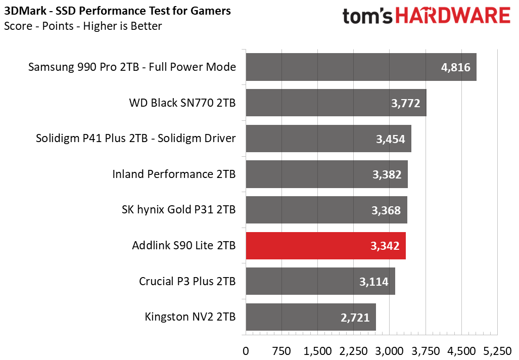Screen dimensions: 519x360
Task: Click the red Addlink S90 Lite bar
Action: coord(325,246)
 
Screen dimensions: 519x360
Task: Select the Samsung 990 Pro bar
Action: coord(361,67)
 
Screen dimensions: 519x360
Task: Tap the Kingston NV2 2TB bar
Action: coord(311,317)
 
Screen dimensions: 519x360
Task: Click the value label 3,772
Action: coord(405,103)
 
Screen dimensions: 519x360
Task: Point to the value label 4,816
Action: coord(455,68)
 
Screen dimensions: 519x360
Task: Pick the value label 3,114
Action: coord(373,282)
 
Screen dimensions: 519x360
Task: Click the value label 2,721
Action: coord(355,318)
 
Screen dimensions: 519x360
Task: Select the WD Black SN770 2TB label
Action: coord(182,103)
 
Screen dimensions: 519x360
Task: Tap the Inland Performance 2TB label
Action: coord(174,174)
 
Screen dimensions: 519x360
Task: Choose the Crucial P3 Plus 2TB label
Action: coord(187,281)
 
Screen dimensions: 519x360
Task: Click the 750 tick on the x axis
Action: coord(281,351)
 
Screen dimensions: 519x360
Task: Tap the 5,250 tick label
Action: coord(497,351)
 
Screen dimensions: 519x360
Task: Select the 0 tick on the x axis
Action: coord(246,351)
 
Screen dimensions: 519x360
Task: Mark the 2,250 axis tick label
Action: coord(354,351)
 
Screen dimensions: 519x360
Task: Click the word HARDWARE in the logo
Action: coord(453,16)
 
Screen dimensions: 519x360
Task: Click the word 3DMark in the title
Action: coord(25,11)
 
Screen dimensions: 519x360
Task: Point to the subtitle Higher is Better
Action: coord(122,26)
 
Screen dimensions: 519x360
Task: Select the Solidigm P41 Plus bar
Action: coord(328,139)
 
